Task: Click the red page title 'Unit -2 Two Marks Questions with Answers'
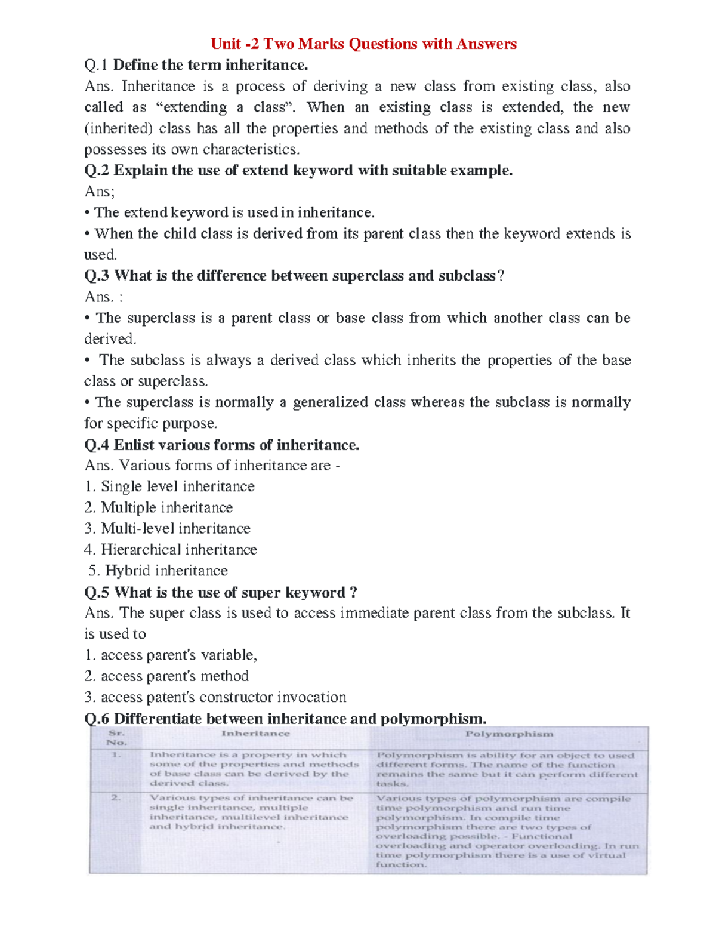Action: [363, 44]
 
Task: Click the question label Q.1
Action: [97, 65]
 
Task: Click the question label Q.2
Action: [97, 171]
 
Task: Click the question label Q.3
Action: [97, 276]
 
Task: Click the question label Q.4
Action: [97, 445]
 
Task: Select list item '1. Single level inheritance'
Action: [169, 486]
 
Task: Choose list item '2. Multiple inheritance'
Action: [159, 507]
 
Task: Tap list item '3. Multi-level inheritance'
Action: [168, 528]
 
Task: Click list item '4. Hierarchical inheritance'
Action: [171, 549]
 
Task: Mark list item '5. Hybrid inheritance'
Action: [158, 571]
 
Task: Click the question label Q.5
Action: [97, 592]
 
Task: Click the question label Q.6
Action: [97, 719]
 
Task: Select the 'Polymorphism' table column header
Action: [509, 734]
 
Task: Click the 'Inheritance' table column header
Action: [255, 734]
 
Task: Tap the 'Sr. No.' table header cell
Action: [117, 738]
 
